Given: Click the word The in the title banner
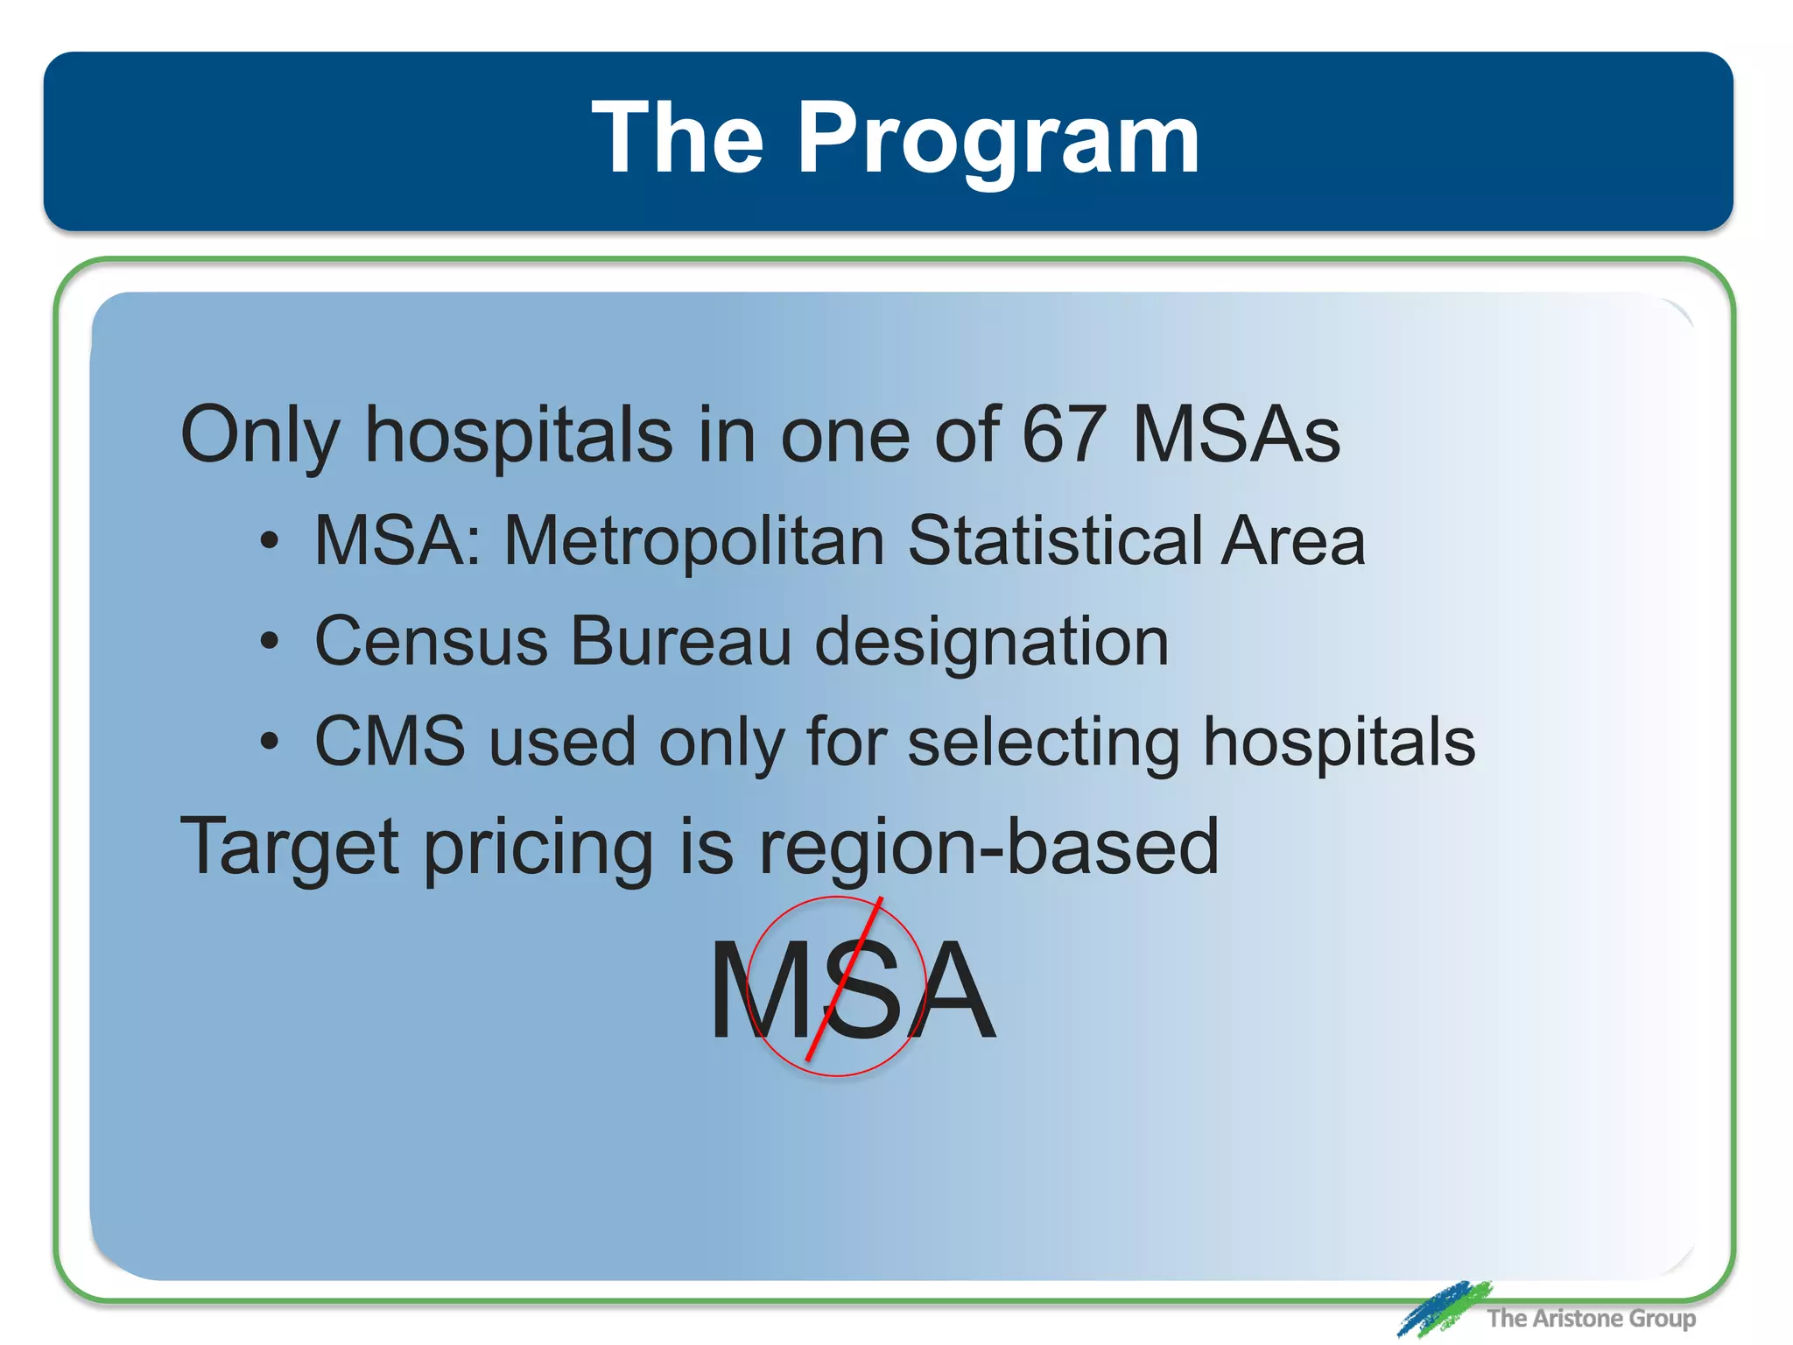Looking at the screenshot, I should tap(678, 138).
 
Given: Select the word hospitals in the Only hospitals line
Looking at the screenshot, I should tap(518, 436).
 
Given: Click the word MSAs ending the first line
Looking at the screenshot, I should tap(1236, 434).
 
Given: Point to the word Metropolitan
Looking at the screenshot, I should tap(694, 541).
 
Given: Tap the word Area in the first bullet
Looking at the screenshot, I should tap(1293, 541).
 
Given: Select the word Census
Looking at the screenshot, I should tap(431, 642).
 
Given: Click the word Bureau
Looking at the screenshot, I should tap(681, 642).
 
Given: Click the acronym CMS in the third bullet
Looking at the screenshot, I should tap(390, 743).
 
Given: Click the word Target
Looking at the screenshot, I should tap(290, 848).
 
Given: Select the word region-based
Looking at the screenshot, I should tap(988, 848).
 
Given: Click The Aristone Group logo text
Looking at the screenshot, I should tap(1591, 1318).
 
